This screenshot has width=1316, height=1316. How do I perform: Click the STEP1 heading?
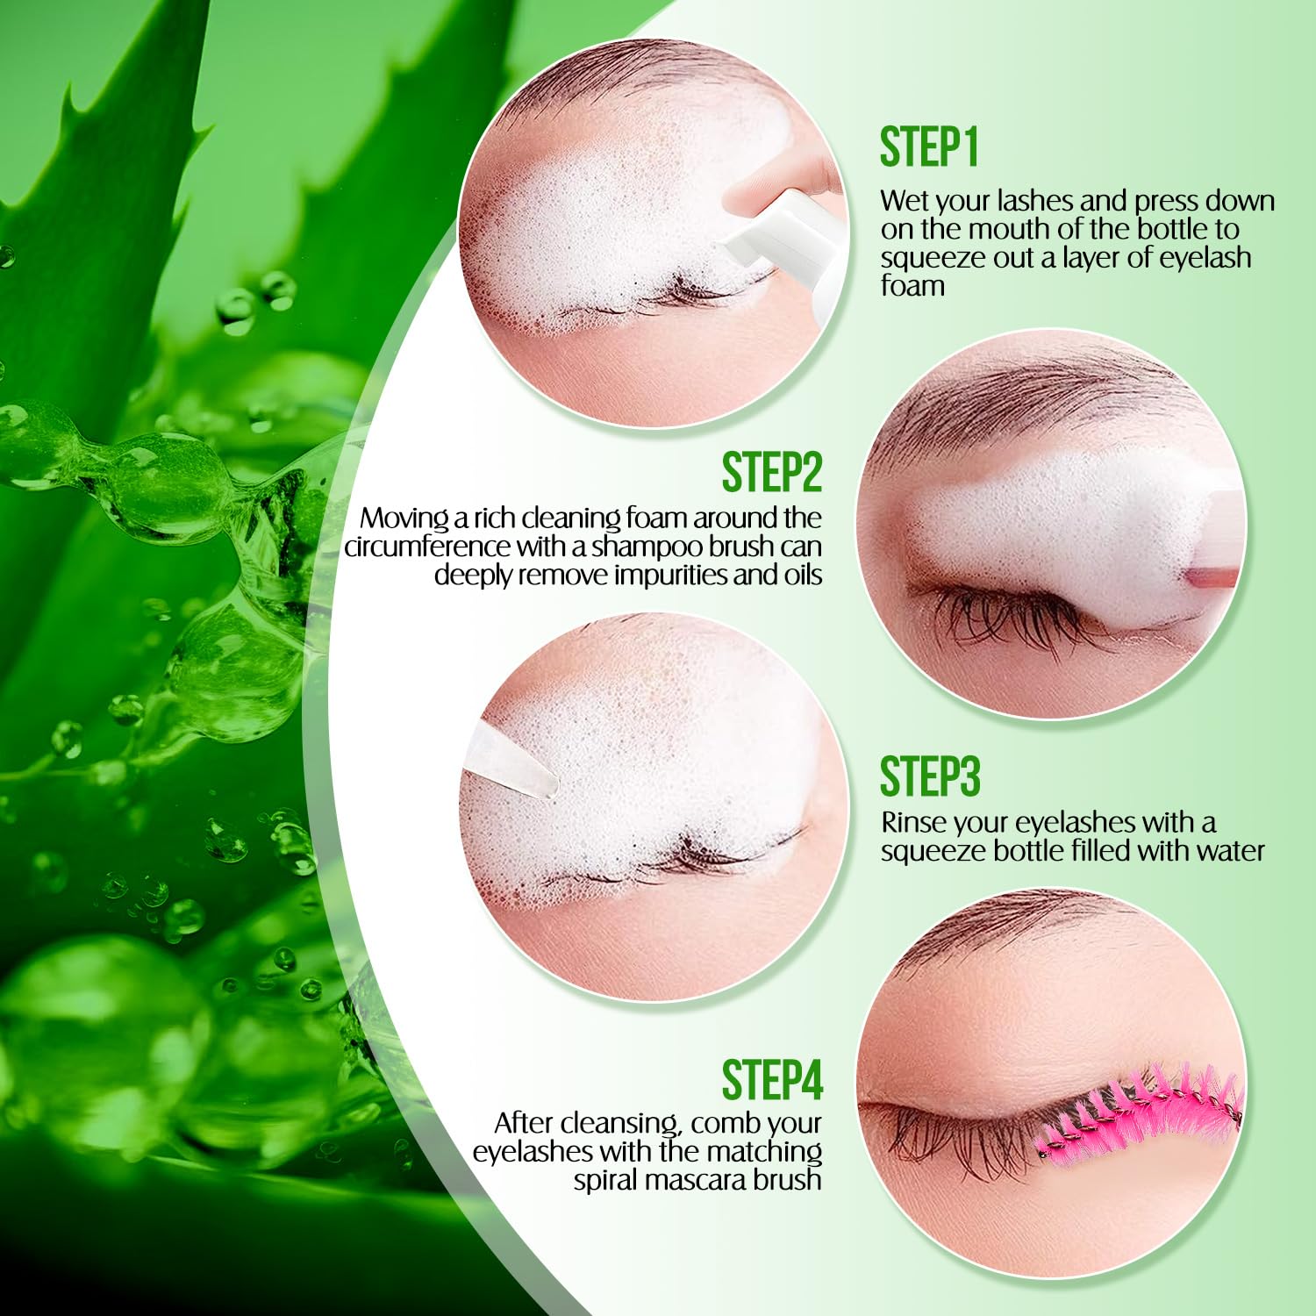929,147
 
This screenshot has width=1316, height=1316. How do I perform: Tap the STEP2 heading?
772,472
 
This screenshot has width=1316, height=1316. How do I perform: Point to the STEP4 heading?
772,1079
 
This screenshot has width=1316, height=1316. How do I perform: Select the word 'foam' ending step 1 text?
912,285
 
